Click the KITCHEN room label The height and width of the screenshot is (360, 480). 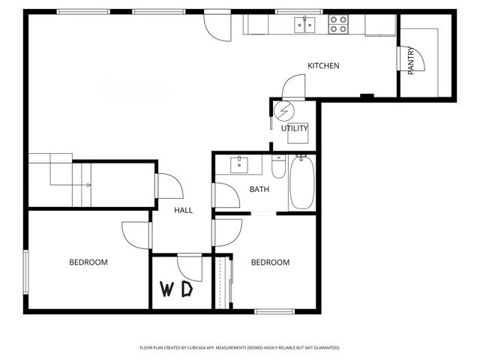click(323, 66)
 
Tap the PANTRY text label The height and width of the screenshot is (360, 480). click(410, 61)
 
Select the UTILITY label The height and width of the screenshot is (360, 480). click(294, 128)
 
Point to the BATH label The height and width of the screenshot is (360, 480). click(259, 190)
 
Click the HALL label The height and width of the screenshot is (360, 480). click(183, 211)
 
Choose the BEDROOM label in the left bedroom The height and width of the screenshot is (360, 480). click(88, 262)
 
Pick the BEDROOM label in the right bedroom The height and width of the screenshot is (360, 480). click(270, 262)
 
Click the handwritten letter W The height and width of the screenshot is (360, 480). click(169, 289)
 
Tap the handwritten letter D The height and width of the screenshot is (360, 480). click(187, 289)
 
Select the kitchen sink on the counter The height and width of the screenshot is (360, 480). click(304, 25)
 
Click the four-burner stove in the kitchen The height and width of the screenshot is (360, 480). click(338, 25)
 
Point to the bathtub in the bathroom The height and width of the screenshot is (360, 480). click(302, 183)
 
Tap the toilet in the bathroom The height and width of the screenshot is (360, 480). click(278, 168)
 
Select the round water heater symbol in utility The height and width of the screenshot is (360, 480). click(283, 112)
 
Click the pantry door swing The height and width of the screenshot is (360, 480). click(416, 60)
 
